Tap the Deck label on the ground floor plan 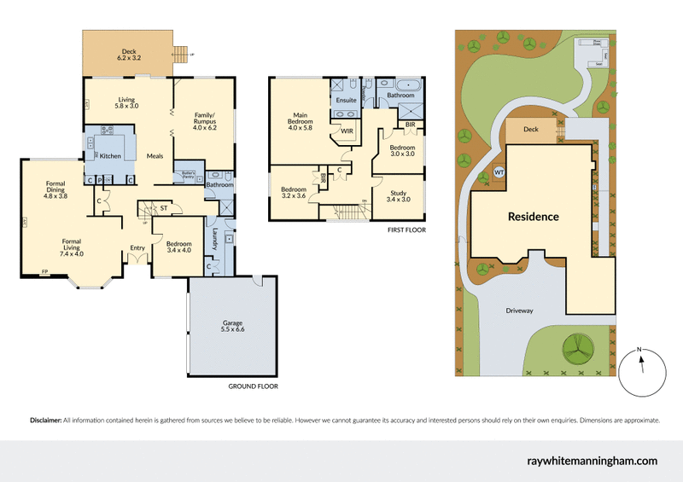128,54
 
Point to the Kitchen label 111,156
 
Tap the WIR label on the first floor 347,132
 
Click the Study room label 398,195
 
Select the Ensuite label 346,101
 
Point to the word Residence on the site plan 533,217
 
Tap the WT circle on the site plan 499,172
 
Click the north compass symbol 643,370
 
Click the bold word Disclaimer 45,421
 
